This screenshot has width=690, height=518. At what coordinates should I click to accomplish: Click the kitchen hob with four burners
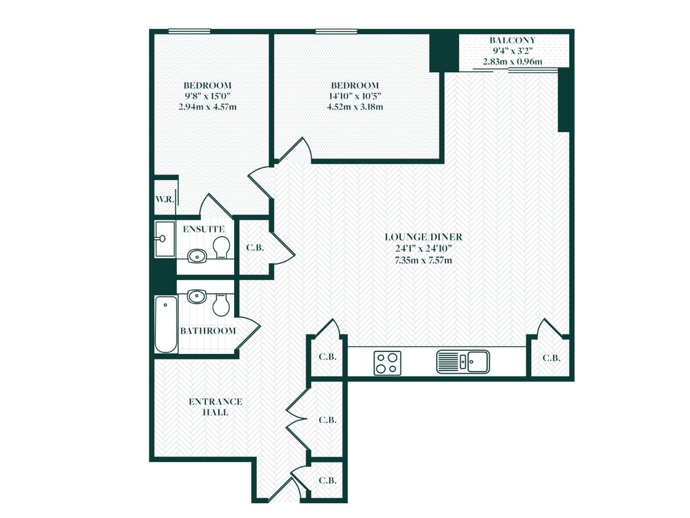[388, 362]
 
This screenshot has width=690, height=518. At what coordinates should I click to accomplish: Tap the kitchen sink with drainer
[463, 362]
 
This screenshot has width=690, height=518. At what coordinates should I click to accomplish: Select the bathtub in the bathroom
[165, 324]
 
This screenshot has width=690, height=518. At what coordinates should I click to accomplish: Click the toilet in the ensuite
[221, 248]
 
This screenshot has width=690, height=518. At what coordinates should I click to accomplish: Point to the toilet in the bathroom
[221, 304]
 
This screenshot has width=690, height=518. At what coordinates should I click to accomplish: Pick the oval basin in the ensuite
[197, 255]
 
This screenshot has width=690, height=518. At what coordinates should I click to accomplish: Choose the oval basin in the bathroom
[197, 297]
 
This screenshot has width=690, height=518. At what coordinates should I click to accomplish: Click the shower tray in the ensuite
[164, 239]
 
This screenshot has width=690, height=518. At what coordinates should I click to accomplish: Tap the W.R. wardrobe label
[164, 199]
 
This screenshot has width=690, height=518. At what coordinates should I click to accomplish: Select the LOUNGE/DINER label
[423, 237]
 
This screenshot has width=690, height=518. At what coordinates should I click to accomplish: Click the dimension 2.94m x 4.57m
[207, 107]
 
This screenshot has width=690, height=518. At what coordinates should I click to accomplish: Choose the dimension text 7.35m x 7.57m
[423, 260]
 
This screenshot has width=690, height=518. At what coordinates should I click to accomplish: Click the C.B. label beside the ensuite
[254, 248]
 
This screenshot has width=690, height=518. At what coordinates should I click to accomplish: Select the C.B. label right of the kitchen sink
[551, 358]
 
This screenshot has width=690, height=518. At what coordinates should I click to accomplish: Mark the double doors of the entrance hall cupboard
[297, 419]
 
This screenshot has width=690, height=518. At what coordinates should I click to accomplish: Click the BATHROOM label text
[208, 331]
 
